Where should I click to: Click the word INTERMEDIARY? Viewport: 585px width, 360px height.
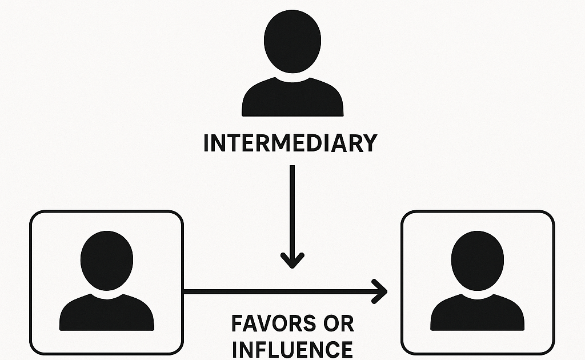[x=291, y=143]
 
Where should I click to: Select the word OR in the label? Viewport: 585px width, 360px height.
[x=338, y=323]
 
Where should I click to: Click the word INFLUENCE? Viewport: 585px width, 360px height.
[x=292, y=349]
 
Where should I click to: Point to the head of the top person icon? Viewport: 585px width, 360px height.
[x=292, y=41]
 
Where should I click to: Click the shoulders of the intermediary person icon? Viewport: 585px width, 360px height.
[x=292, y=97]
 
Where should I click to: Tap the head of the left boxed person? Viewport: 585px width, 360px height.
[x=107, y=261]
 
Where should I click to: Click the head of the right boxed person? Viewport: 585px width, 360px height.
[x=478, y=261]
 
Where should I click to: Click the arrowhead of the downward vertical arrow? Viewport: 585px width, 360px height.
[x=292, y=261]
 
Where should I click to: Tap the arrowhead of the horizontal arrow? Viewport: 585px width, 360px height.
[x=380, y=291]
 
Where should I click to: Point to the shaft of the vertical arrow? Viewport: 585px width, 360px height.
[x=292, y=213]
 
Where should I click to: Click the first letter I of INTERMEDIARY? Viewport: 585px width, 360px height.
[x=206, y=143]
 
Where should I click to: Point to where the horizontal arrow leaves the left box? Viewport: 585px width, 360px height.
[x=183, y=291]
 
